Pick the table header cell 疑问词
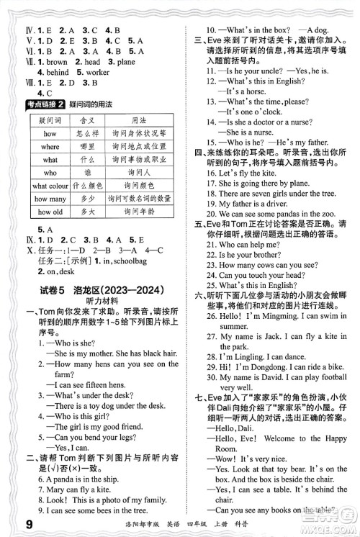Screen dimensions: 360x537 (50, 121)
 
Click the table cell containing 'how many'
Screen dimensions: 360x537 (50, 199)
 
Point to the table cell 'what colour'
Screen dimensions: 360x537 (50, 186)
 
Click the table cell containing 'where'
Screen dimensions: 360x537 (50, 147)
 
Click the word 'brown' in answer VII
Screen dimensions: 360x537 (56, 62)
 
